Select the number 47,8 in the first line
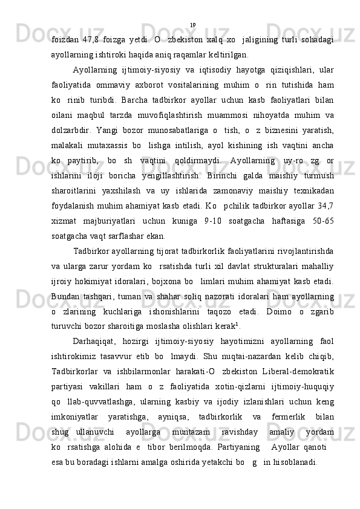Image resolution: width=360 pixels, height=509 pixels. (91, 39)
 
